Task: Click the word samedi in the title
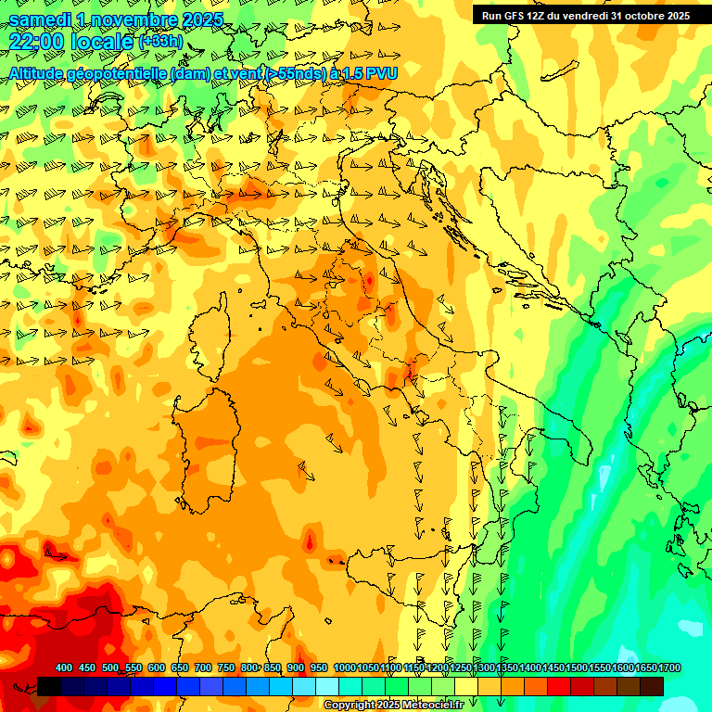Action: [40, 19]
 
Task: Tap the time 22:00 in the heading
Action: [36, 42]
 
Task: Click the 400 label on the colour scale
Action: [64, 668]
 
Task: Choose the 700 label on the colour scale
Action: [203, 668]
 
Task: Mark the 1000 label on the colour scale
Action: [345, 668]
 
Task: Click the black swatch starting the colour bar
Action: [49, 686]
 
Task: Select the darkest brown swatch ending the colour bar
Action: [652, 686]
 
